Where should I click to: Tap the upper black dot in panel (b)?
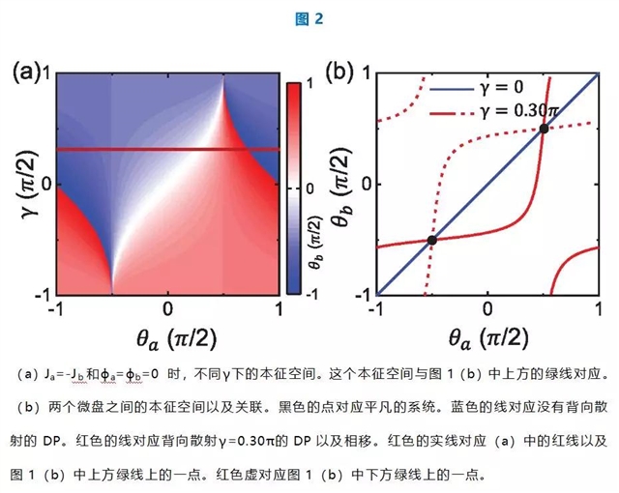point(545,129)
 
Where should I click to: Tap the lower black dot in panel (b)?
point(432,240)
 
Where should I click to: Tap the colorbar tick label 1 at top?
point(309,84)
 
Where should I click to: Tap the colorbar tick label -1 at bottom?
point(312,291)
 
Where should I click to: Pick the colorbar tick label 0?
point(309,188)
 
